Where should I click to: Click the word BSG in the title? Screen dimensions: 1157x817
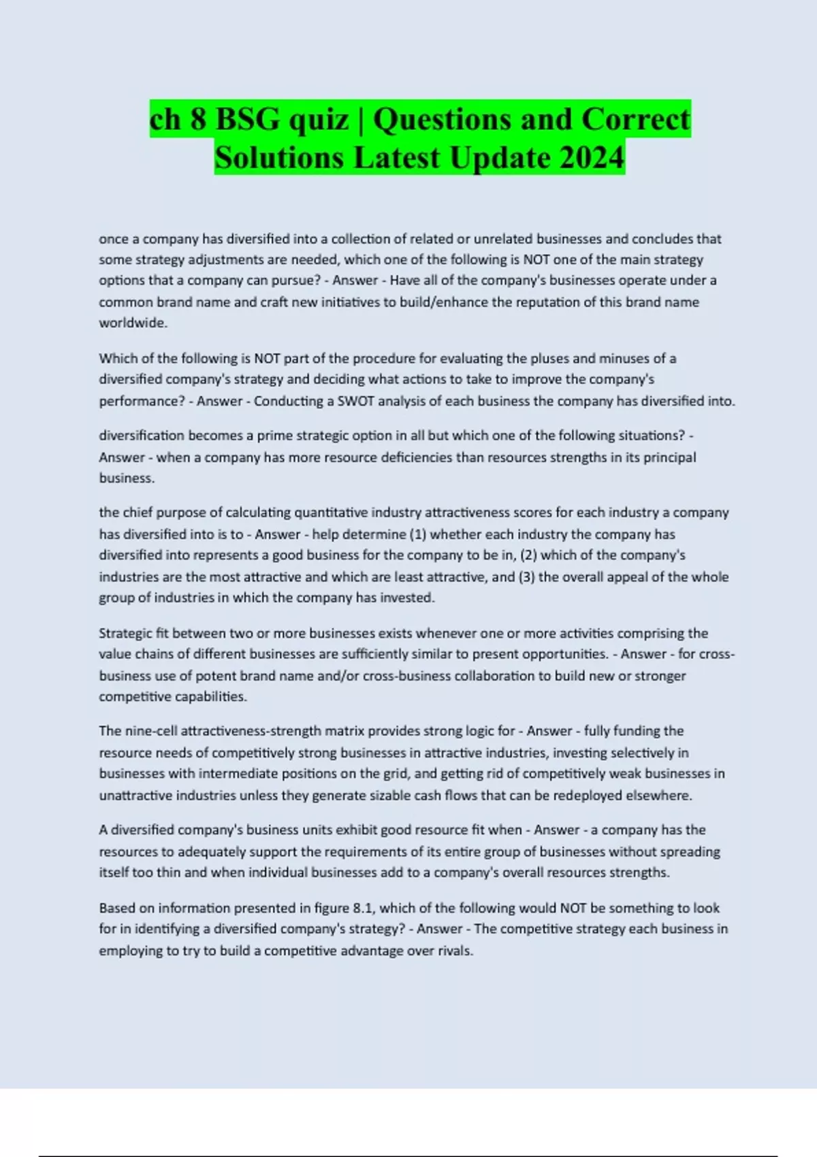[247, 119]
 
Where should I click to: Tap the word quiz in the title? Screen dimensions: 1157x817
[319, 119]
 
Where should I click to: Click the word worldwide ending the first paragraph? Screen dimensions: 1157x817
[132, 323]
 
